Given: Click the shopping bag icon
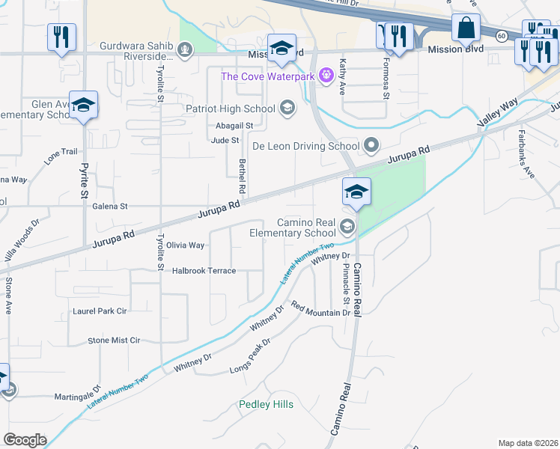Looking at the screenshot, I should pyautogui.click(x=466, y=29).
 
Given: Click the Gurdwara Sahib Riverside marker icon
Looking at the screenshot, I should pyautogui.click(x=183, y=50).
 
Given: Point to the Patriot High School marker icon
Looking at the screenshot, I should pyautogui.click(x=286, y=109).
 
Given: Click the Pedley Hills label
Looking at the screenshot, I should pyautogui.click(x=266, y=405).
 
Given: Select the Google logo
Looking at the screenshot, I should pyautogui.click(x=25, y=440).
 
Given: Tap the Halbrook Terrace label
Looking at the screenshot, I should pyautogui.click(x=204, y=271).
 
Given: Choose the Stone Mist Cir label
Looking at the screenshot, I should pyautogui.click(x=115, y=340).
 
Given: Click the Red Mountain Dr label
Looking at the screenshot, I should pyautogui.click(x=320, y=308).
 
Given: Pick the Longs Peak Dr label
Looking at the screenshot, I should pyautogui.click(x=250, y=355).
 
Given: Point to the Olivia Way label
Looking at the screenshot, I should pyautogui.click(x=185, y=245).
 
